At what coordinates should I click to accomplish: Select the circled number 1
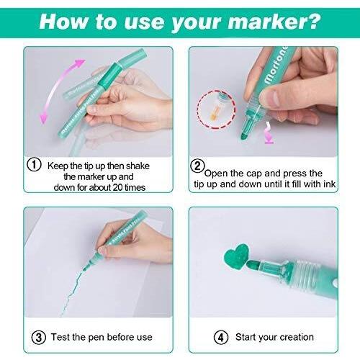click(x=34, y=164)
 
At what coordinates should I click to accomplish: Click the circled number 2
click(x=197, y=166)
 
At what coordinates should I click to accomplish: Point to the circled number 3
click(x=39, y=338)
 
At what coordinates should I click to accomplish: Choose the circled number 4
click(x=221, y=338)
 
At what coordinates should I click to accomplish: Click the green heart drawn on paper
click(x=237, y=256)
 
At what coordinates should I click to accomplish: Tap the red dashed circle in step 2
click(x=197, y=109)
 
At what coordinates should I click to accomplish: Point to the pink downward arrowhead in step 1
click(x=43, y=118)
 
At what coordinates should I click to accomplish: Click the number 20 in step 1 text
click(x=117, y=187)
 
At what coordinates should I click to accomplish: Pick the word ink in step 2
click(x=329, y=184)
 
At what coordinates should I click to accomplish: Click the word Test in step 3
click(x=60, y=337)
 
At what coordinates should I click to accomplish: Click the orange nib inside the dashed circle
click(x=214, y=114)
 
